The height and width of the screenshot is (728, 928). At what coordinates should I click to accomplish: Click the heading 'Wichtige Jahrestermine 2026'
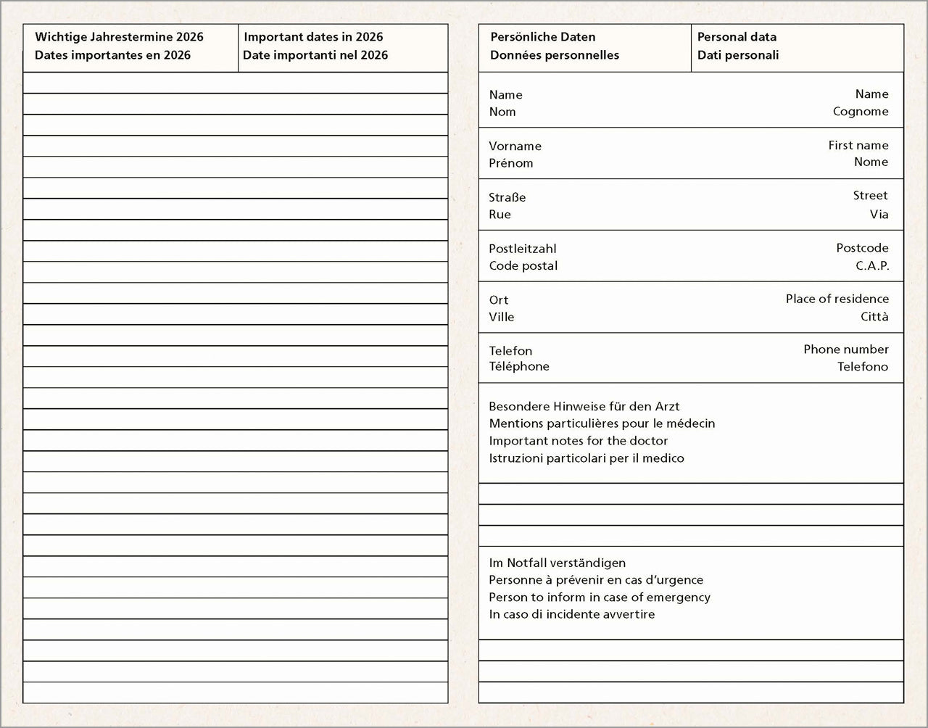point(119,37)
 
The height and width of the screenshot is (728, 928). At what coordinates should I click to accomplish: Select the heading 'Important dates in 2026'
point(313,37)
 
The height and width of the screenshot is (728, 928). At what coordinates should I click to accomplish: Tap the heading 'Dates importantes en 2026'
point(112,55)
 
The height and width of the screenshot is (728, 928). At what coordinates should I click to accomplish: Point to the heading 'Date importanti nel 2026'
point(315,55)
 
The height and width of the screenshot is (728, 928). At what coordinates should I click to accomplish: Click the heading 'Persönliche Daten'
point(543,37)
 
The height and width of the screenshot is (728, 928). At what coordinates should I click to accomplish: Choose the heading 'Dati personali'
point(738,55)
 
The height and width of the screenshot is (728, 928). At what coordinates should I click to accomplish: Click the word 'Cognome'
point(861,112)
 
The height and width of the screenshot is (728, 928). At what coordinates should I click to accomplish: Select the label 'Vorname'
point(515,146)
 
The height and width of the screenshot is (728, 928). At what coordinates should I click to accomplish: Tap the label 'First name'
point(858,145)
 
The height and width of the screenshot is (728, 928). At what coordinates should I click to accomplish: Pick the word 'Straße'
point(507,197)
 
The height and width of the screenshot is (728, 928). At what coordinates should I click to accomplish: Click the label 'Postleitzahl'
point(523,249)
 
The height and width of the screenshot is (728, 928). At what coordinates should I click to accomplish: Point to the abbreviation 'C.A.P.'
point(872,265)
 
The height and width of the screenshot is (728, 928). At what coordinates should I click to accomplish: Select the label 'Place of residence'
point(837,299)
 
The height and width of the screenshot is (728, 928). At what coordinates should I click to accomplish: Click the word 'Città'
point(874,317)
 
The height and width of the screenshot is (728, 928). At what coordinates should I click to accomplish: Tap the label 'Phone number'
point(845,349)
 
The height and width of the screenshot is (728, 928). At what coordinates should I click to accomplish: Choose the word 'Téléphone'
point(519,367)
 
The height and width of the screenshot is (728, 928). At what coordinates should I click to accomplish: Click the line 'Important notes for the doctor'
point(579,441)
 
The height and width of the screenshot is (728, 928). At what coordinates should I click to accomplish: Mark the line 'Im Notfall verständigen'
point(557,563)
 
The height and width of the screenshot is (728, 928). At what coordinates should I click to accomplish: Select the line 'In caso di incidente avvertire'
point(572,614)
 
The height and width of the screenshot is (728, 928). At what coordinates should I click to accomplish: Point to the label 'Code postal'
point(523,265)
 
